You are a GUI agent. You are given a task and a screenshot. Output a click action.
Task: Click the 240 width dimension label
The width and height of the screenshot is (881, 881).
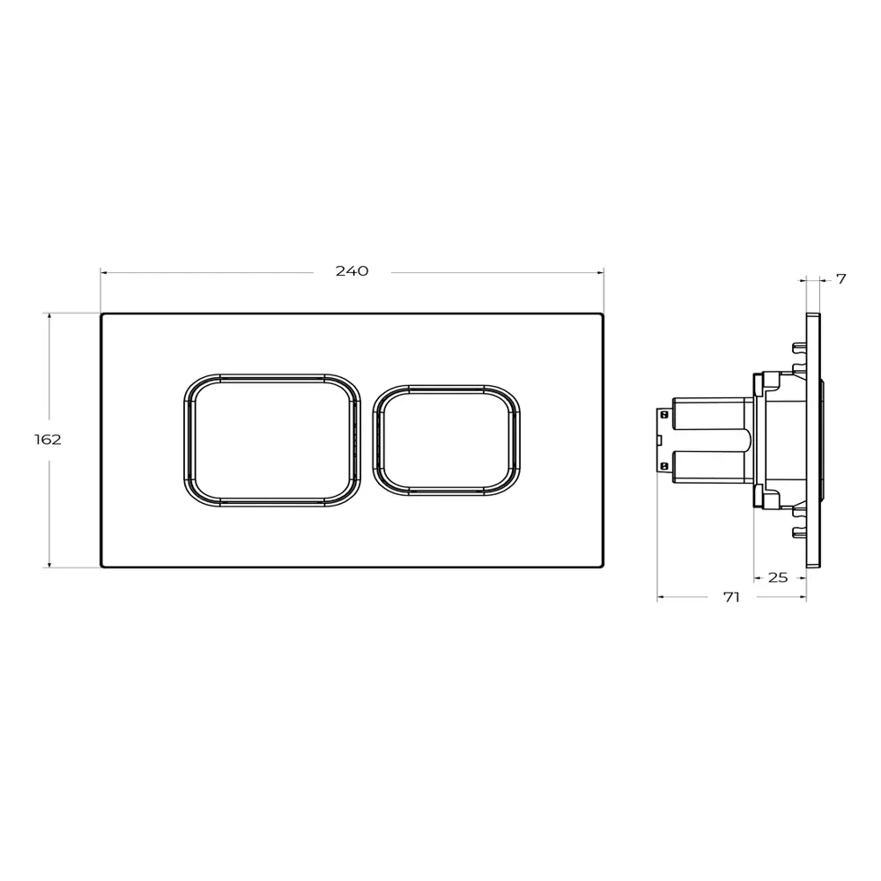[352, 271]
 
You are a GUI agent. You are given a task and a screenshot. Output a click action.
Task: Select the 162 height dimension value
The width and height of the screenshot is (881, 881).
[48, 440]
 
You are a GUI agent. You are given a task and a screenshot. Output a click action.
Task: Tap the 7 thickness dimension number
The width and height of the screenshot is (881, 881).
[840, 279]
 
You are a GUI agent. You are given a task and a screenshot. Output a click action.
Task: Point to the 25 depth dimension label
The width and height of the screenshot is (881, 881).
[778, 578]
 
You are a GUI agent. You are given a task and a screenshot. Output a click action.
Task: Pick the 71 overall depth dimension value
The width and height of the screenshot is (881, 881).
[731, 597]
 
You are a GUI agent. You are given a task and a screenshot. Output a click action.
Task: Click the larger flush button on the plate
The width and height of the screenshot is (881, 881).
[272, 440]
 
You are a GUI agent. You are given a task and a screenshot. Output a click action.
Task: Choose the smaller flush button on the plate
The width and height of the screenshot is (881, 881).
[446, 440]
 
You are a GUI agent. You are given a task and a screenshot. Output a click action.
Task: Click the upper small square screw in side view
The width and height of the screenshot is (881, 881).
[664, 415]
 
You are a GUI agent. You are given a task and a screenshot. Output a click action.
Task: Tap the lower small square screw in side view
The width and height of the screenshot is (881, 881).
[664, 465]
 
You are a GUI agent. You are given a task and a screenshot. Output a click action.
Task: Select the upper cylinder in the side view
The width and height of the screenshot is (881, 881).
[714, 413]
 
